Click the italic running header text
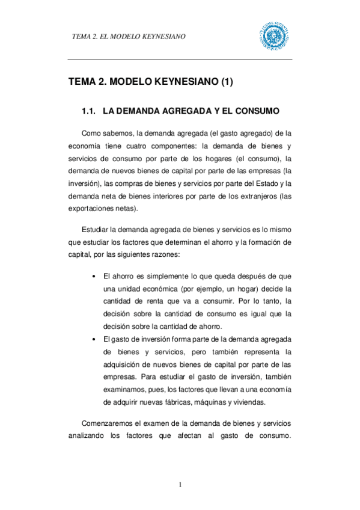(129, 36)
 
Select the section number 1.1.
(89, 112)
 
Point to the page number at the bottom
(180, 485)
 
